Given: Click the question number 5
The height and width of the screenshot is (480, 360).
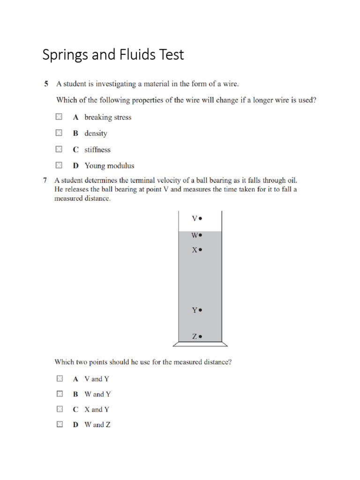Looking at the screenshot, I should coord(46,84).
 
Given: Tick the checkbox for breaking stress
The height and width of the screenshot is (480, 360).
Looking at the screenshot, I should coord(59,117).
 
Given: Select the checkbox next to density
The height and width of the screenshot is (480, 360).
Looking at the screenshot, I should coord(59,133).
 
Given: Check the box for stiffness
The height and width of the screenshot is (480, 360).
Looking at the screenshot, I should coord(59,149).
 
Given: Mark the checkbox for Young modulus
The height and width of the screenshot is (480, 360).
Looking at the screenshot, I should coord(59,165).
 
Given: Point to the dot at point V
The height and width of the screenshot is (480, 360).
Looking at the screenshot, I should coord(200,218).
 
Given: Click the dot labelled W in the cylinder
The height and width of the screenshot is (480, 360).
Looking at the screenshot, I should coord(200,235).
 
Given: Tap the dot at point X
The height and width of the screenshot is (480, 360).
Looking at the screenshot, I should coord(200,250).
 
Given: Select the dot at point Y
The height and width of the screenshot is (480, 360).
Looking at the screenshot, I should coord(200,310).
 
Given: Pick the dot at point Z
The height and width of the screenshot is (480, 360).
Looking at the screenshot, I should coord(200,336).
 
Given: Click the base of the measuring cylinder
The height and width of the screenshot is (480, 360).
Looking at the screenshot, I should coord(200,344).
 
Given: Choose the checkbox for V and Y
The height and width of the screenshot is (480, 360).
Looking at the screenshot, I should coord(59,378).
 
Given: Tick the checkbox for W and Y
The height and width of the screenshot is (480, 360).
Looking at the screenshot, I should coord(59,394).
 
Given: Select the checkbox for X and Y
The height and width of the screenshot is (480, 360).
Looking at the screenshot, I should coord(59,409).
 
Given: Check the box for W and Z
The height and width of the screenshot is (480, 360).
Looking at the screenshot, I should coord(59,425).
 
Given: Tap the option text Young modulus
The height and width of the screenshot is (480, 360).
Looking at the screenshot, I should coord(109,165).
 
